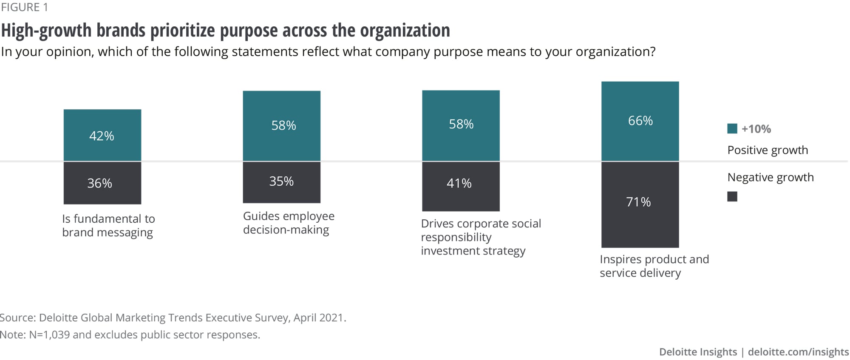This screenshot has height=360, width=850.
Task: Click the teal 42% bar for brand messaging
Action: tap(102, 135)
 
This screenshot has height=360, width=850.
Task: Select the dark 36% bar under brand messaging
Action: tap(102, 183)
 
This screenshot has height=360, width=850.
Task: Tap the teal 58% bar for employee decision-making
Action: tap(281, 126)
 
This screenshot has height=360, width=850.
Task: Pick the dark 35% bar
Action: tap(281, 182)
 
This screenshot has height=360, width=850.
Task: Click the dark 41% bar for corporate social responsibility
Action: tap(461, 186)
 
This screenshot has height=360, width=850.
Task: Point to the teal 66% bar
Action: tap(640, 121)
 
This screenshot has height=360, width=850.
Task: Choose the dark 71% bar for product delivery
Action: tap(640, 204)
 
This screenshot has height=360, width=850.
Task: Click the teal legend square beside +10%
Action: tap(732, 129)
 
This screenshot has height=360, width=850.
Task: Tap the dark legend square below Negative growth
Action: tap(732, 196)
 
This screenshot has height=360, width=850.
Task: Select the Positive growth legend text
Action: tap(768, 150)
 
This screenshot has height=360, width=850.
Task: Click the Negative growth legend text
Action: tap(770, 177)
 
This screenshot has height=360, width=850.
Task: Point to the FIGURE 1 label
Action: tap(25, 7)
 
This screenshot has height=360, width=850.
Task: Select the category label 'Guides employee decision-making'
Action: tap(289, 223)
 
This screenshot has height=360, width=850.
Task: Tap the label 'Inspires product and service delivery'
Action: tap(654, 266)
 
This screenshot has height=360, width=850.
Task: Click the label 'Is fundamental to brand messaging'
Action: tap(108, 225)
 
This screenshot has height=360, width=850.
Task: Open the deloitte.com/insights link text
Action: tap(798, 352)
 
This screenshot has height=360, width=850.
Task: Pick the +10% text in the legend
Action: tap(756, 129)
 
